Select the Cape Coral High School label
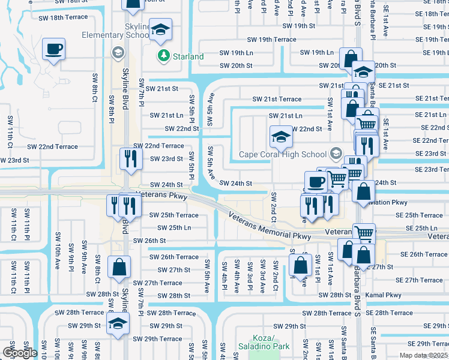pos(283,154)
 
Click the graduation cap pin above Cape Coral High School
pos(280,137)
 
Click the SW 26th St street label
pos(149,241)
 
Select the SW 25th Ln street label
pos(174,228)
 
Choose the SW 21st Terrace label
pos(277,99)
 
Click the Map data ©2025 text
pos(423,355)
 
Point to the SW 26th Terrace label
pos(174,257)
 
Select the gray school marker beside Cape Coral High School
pos(335,152)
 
